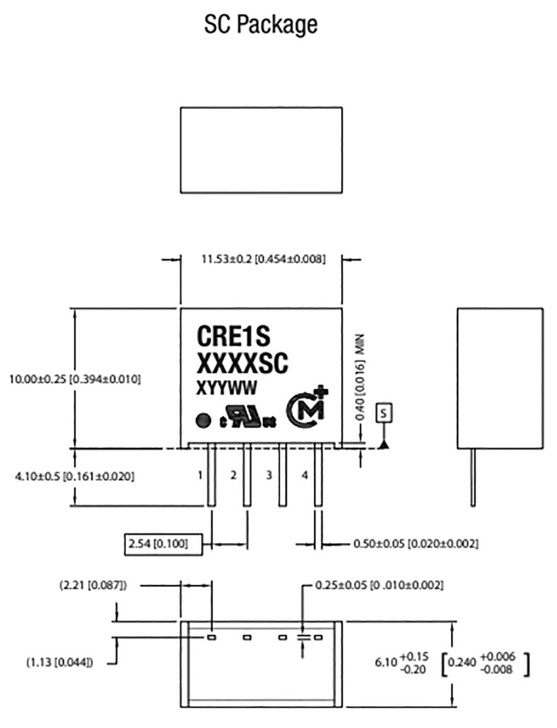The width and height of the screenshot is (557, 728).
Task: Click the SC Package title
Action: (261, 26)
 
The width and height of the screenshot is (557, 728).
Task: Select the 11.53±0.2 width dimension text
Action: (264, 259)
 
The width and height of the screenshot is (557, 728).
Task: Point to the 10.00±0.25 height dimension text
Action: (75, 380)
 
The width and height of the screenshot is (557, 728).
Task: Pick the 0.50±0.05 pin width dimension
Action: (415, 544)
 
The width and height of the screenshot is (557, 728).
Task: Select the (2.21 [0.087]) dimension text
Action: (93, 585)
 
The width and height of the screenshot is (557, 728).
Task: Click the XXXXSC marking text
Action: (241, 364)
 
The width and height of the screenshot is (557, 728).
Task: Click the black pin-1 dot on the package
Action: (202, 419)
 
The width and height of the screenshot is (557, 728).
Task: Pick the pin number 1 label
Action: (201, 475)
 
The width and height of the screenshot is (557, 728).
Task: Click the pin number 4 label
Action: (305, 475)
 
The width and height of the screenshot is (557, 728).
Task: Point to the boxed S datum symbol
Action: (384, 412)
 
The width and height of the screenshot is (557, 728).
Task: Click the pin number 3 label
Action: (269, 475)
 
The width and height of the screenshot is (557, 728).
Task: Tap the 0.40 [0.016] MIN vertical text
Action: (359, 380)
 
